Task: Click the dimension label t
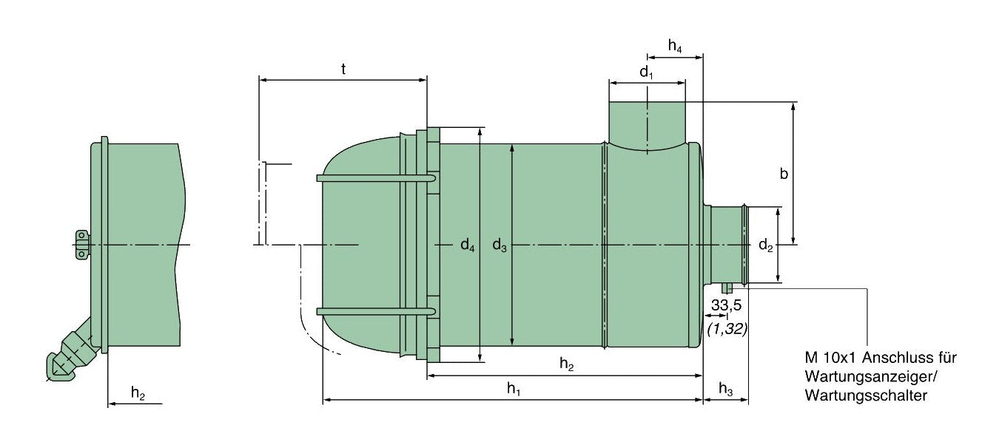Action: [343, 69]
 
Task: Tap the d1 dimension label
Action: [646, 72]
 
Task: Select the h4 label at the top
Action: [674, 46]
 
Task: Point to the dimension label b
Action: [784, 174]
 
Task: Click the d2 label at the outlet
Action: [765, 246]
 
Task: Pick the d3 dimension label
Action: [500, 245]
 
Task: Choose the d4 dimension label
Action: [466, 245]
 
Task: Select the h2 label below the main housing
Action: [566, 364]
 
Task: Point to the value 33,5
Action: [727, 305]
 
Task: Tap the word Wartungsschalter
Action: [866, 396]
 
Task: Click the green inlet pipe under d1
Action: [647, 122]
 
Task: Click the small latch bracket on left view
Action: [81, 245]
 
